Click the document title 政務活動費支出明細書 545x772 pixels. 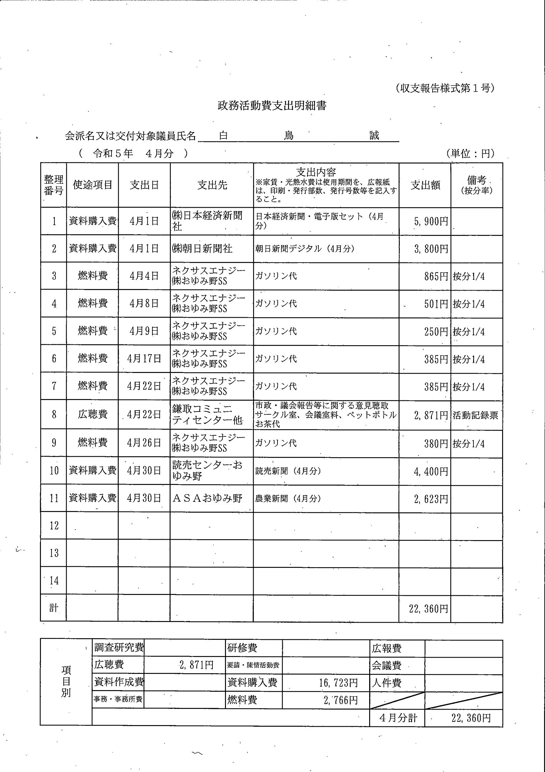[272, 106]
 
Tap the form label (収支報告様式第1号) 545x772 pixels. [445, 88]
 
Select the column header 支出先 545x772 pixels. [212, 185]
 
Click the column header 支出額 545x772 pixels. [425, 185]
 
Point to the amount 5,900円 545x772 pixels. [431, 221]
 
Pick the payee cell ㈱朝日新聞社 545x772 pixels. [202, 249]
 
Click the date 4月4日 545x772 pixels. [144, 276]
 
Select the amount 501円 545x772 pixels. [436, 304]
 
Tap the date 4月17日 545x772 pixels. [144, 359]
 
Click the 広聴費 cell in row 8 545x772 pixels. [92, 414]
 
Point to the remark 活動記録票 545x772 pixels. [475, 415]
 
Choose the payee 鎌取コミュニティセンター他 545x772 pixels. [208, 414]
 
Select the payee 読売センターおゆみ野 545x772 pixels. [207, 470]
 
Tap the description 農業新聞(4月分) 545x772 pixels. [288, 498]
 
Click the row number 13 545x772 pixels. [54, 553]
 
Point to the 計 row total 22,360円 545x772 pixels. [429, 608]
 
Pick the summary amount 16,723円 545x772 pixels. [338, 683]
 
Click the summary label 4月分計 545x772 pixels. [398, 718]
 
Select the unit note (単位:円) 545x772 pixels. [470, 154]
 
